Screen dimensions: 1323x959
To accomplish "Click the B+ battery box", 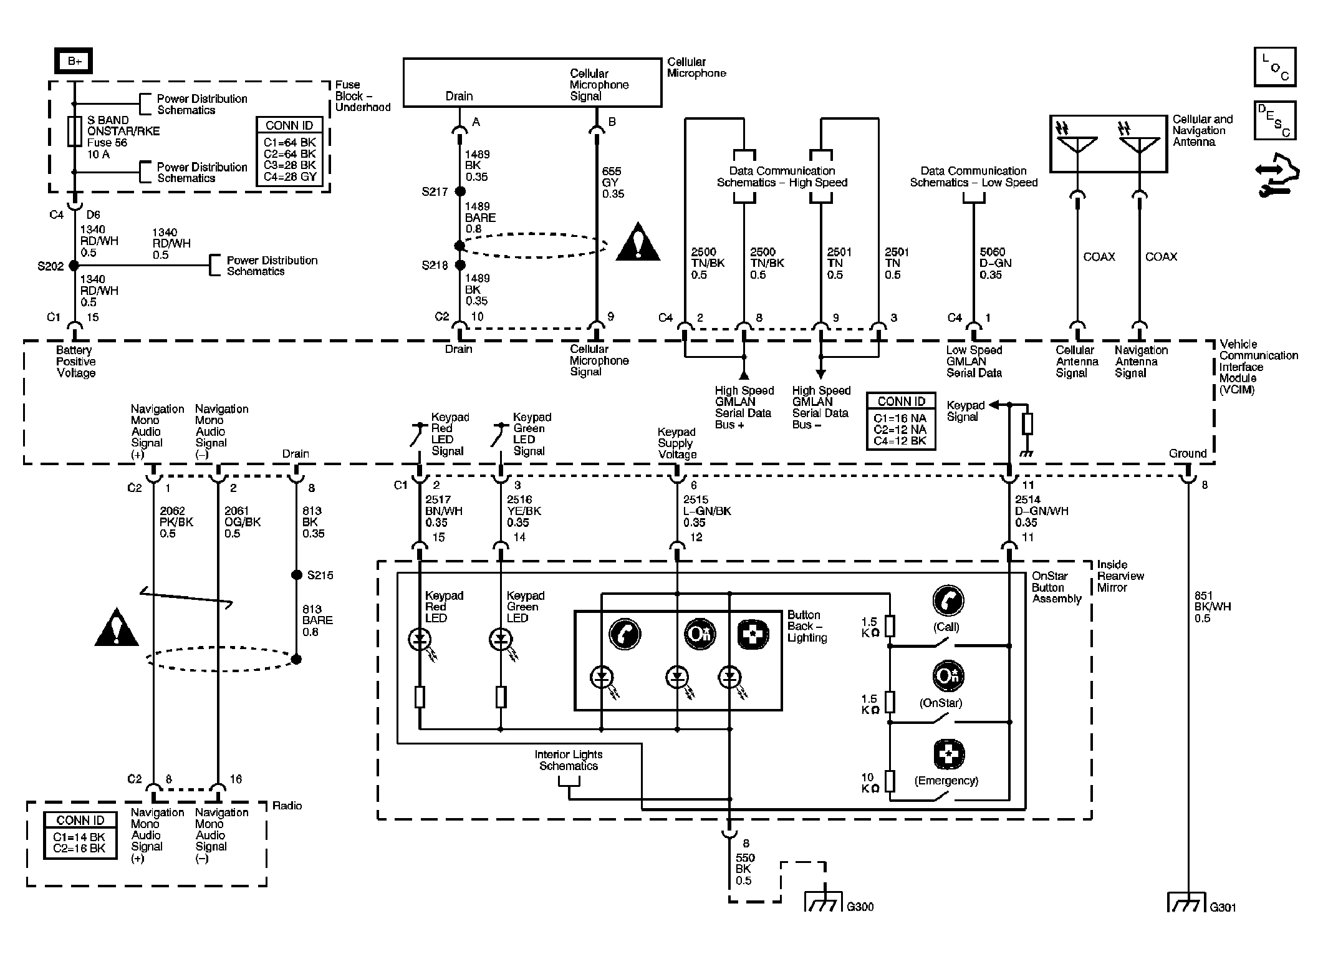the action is (x=74, y=61).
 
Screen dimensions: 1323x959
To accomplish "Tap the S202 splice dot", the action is (x=74, y=266).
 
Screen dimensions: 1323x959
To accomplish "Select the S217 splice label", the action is (x=435, y=192).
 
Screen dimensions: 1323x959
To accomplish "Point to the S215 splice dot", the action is (x=297, y=575).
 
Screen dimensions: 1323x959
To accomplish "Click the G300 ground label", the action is (x=860, y=907).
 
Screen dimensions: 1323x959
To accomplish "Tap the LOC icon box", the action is (x=1275, y=67).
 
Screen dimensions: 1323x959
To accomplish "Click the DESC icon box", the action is (x=1275, y=120).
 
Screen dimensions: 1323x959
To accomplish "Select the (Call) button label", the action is (x=946, y=627).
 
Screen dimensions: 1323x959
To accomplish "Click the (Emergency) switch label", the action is (x=946, y=781).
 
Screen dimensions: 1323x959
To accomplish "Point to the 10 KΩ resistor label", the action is (x=870, y=783).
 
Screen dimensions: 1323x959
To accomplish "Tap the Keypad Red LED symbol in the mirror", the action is (x=420, y=639).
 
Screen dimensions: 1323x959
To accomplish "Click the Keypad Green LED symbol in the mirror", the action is (x=501, y=639).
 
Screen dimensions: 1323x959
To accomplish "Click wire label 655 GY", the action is (x=613, y=183).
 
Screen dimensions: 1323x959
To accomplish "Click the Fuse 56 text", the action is (x=107, y=143).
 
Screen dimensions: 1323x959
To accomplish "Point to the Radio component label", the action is (x=287, y=806).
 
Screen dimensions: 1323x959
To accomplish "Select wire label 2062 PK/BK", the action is (x=176, y=523).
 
